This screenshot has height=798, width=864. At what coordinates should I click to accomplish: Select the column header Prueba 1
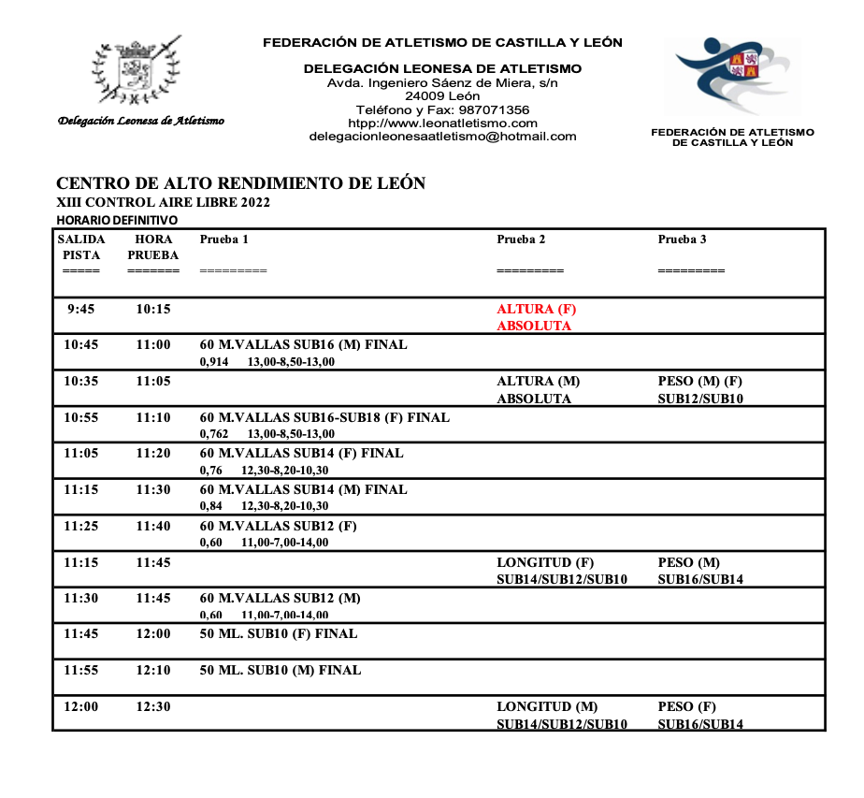[x=224, y=239]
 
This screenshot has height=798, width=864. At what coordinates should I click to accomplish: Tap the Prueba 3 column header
[x=683, y=239]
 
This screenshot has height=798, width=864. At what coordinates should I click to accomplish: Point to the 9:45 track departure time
[x=80, y=309]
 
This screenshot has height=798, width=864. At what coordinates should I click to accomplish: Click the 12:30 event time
[x=153, y=707]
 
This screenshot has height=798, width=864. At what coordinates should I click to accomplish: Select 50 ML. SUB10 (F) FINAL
[x=279, y=633]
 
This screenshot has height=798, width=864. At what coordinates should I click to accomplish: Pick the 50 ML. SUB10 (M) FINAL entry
[x=281, y=670]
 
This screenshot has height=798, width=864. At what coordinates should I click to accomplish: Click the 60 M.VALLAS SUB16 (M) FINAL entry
[x=304, y=344]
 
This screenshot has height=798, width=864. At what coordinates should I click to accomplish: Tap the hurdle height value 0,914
[x=214, y=362]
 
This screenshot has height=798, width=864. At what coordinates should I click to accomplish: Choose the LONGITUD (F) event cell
[x=561, y=571]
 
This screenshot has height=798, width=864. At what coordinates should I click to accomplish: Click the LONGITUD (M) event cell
[x=561, y=715]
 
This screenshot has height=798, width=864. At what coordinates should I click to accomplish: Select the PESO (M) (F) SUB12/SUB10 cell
[x=700, y=389]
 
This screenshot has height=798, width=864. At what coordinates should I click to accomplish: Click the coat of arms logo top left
[x=137, y=73]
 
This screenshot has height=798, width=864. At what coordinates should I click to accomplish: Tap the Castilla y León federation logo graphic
[x=734, y=77]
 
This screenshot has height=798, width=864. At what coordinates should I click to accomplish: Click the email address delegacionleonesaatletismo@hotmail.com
[x=443, y=137]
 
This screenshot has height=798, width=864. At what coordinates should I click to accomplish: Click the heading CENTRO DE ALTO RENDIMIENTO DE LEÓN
[x=241, y=183]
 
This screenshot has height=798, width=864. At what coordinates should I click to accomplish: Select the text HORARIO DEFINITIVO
[x=117, y=220]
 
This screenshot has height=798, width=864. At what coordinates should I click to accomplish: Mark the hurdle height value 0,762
[x=214, y=434]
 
